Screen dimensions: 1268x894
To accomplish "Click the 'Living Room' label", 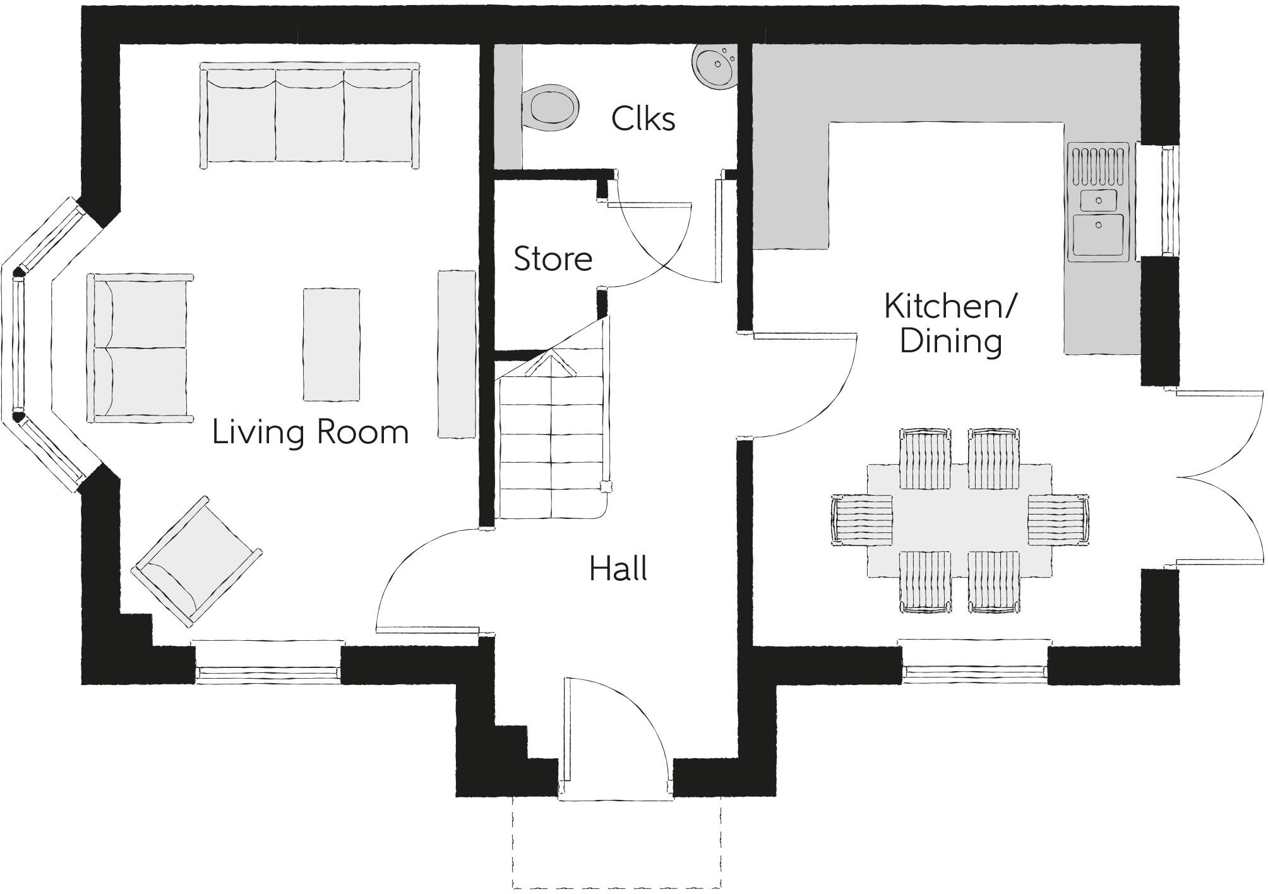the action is coord(310,433).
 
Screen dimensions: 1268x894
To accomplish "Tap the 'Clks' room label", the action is coord(643,118).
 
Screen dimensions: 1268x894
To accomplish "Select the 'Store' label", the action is coord(553,259).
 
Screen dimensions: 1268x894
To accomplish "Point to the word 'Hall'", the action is coord(618,569).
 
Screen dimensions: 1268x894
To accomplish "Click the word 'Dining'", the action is coord(950,342).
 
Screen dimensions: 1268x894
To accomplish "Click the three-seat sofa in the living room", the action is coord(309,115).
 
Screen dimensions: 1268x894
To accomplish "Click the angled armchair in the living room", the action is coord(196,561).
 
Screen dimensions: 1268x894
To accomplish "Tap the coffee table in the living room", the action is coord(332,345).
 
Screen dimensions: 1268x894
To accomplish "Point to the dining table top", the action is coord(959,520).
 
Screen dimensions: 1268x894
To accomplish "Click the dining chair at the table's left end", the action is coord(861,520).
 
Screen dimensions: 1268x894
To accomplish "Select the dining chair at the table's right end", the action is coord(1058,520).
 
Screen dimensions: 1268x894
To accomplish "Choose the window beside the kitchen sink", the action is coord(1169,201).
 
